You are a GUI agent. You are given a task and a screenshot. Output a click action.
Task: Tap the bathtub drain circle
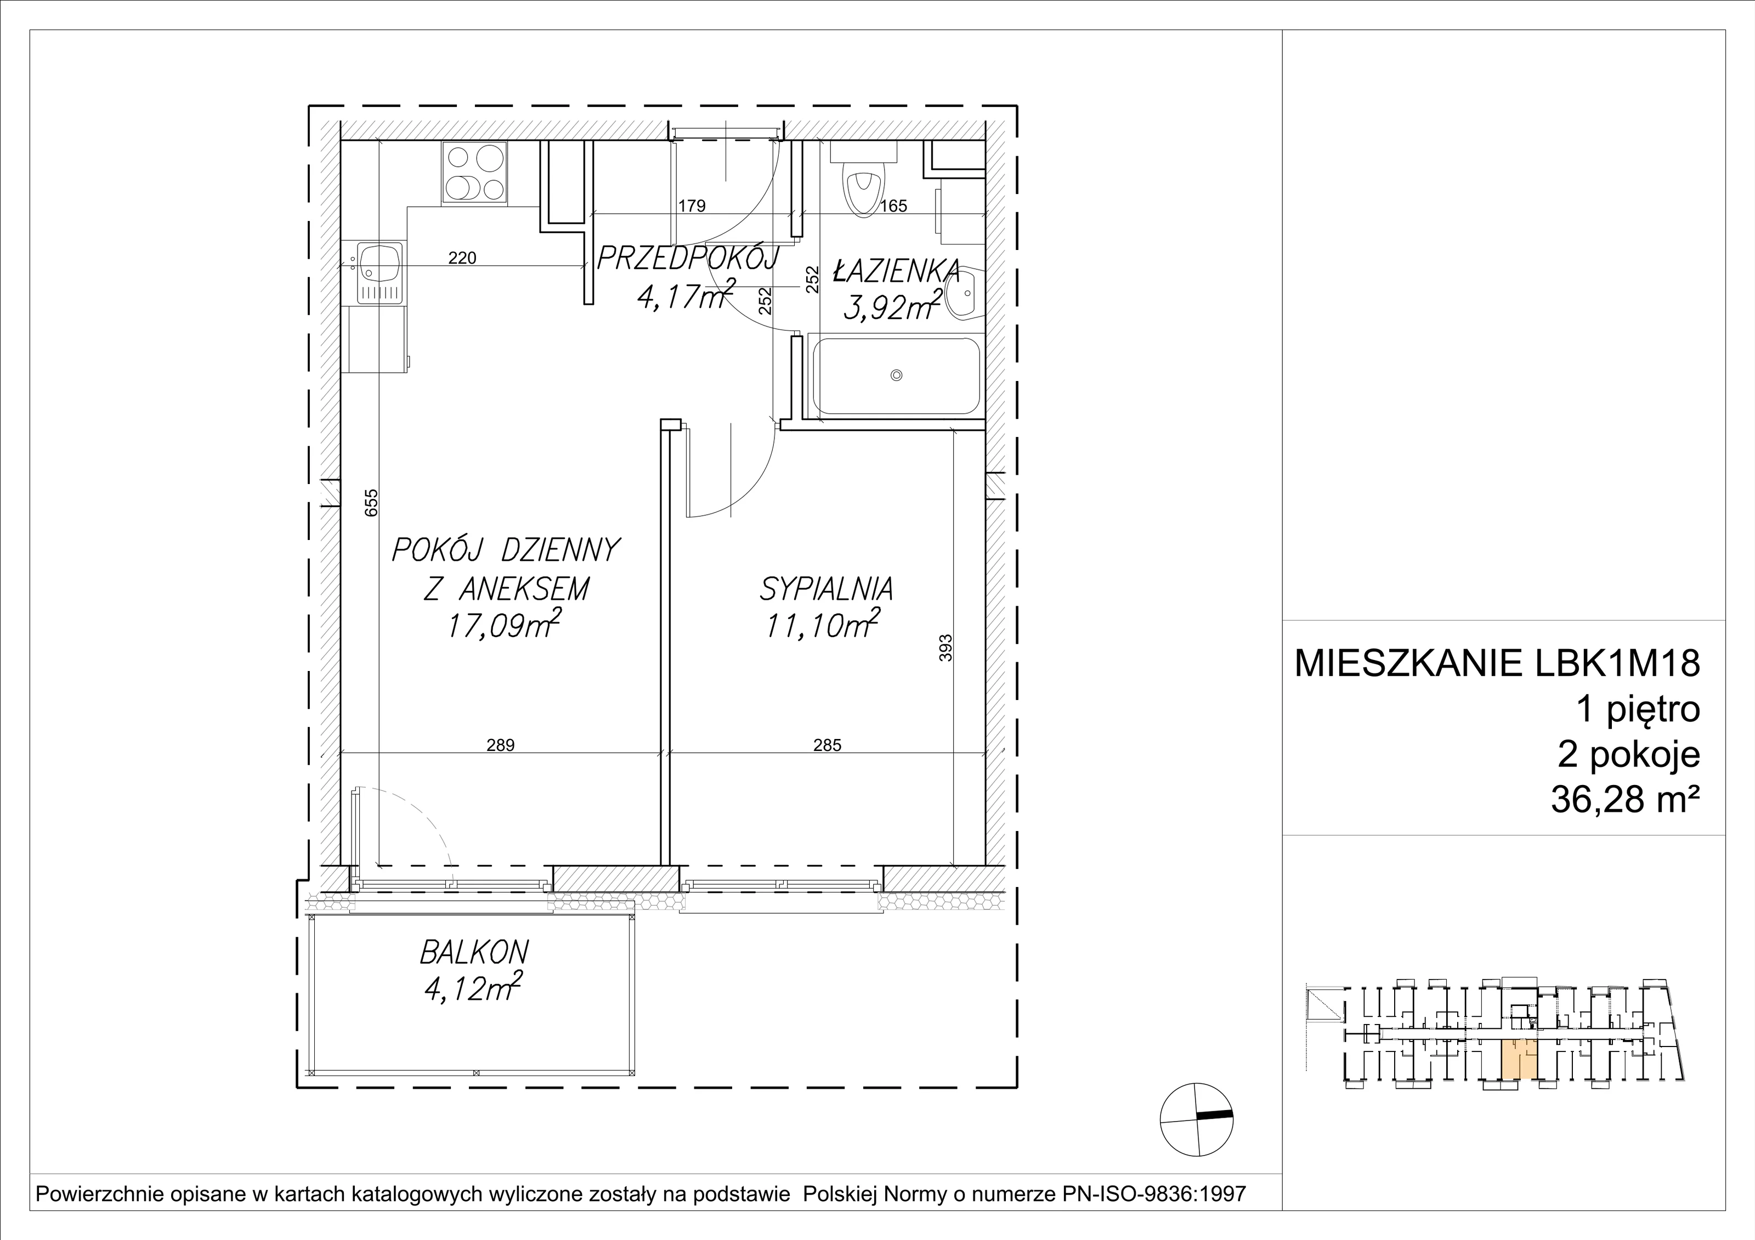897,375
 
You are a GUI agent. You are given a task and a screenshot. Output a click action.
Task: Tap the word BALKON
474,953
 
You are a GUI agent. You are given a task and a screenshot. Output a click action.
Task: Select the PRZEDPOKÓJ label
687,259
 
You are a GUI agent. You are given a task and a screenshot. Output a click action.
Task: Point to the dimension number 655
371,503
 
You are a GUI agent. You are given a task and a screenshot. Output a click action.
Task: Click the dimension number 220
462,258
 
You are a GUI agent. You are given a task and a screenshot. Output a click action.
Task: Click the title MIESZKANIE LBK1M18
1497,663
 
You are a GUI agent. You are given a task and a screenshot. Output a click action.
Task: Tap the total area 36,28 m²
1625,801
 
